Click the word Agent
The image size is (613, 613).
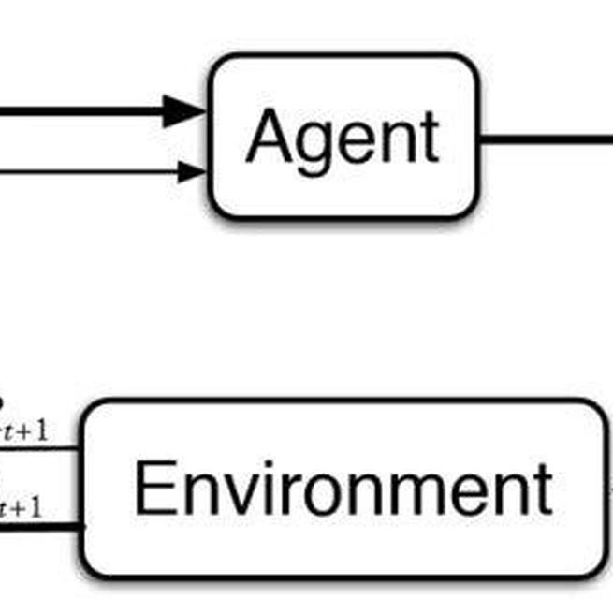point(343,138)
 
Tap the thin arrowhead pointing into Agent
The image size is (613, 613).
point(191,171)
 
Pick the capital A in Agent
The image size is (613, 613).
point(268,137)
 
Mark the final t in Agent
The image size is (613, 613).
point(429,138)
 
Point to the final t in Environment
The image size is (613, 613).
point(541,489)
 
